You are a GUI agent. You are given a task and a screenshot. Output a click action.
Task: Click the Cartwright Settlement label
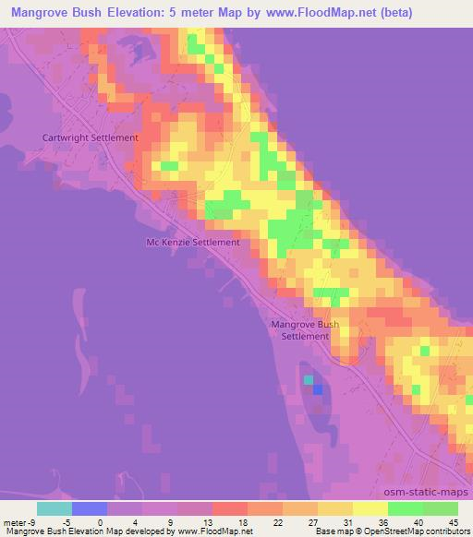(90, 137)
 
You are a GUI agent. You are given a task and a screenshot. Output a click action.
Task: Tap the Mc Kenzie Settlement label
(193, 243)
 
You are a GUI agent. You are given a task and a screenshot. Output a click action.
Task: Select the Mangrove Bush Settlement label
(304, 330)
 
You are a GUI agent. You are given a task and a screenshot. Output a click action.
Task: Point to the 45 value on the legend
(452, 521)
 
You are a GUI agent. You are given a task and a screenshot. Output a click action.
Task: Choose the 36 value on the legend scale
(383, 521)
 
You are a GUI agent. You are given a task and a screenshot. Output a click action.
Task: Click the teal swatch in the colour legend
(55, 508)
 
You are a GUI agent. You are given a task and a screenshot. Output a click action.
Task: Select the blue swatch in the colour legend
(90, 508)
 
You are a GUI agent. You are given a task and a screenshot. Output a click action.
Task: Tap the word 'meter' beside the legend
(16, 521)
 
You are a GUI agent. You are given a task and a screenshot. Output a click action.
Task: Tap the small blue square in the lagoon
(318, 389)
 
